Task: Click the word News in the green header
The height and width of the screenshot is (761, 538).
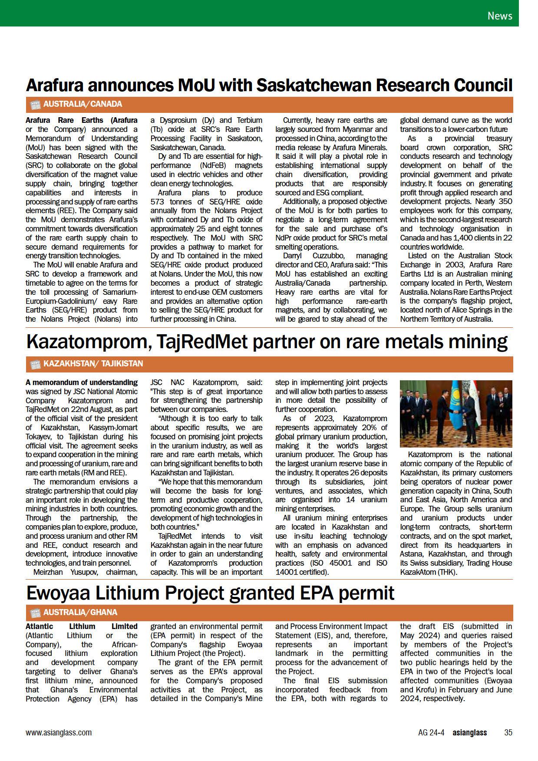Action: click(x=500, y=16)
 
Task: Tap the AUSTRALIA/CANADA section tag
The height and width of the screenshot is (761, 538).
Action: click(x=83, y=104)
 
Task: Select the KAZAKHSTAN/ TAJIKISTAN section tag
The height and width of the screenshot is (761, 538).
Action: click(x=93, y=363)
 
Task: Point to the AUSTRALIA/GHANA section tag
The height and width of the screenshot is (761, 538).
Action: click(x=80, y=612)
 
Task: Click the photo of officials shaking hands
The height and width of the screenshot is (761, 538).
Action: click(x=456, y=414)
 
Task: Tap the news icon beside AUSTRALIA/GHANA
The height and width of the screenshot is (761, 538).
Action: click(x=34, y=613)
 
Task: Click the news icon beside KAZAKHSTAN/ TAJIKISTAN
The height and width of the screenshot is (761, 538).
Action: click(x=34, y=364)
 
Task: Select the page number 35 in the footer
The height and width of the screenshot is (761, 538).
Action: click(x=508, y=732)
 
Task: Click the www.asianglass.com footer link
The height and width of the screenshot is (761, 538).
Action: click(x=59, y=732)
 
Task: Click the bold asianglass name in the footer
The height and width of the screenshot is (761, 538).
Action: click(x=469, y=732)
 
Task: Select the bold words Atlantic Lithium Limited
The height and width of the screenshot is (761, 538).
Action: click(x=82, y=626)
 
